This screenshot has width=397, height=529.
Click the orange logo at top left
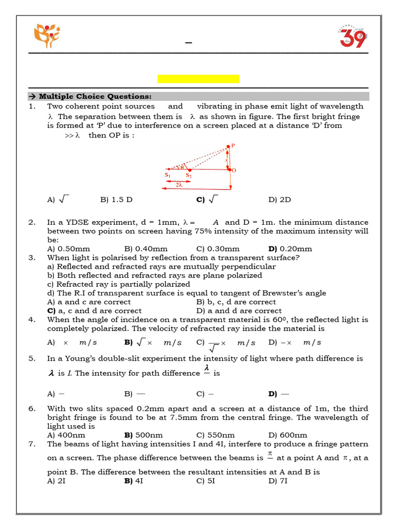coord(47,36)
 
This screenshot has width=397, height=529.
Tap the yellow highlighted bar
coord(198,79)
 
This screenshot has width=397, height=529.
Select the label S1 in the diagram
coord(167,176)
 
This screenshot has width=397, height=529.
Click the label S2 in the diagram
coord(189,176)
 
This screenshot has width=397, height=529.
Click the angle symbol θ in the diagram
coord(181,167)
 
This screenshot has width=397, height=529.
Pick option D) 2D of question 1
coord(280,199)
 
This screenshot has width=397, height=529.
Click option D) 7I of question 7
coord(278,480)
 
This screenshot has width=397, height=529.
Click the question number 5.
coord(32,358)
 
